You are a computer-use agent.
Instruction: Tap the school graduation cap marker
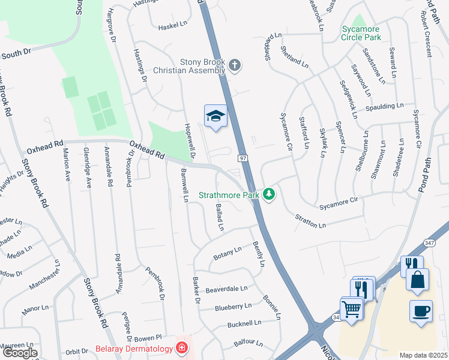tap(215, 116)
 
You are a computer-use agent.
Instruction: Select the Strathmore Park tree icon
tap(270, 194)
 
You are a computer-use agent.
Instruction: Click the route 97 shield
tap(243, 158)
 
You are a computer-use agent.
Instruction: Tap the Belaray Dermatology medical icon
tap(180, 348)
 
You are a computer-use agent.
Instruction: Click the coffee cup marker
tap(420, 311)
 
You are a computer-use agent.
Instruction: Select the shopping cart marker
tap(351, 309)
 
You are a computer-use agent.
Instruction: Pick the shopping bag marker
tap(417, 280)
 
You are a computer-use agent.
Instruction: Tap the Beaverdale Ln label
tap(226, 289)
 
